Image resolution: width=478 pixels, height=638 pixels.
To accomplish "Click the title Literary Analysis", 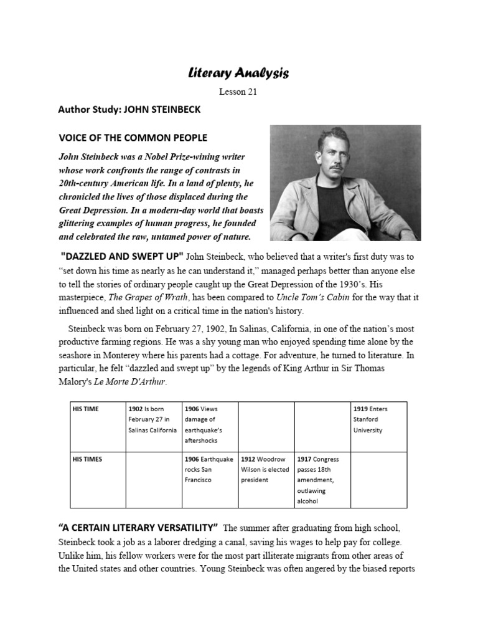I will [238, 74].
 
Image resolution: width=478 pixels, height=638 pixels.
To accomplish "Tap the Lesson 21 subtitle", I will [238, 92].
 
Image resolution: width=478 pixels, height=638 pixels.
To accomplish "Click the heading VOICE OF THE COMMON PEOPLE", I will [133, 137].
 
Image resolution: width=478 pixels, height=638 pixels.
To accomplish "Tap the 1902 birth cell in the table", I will [152, 419].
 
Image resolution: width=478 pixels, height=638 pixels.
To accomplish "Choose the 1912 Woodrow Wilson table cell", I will [266, 469].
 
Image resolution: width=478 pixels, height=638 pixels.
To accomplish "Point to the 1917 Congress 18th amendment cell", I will [322, 480].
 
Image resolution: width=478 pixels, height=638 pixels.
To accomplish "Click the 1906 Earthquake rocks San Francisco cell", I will [210, 469].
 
